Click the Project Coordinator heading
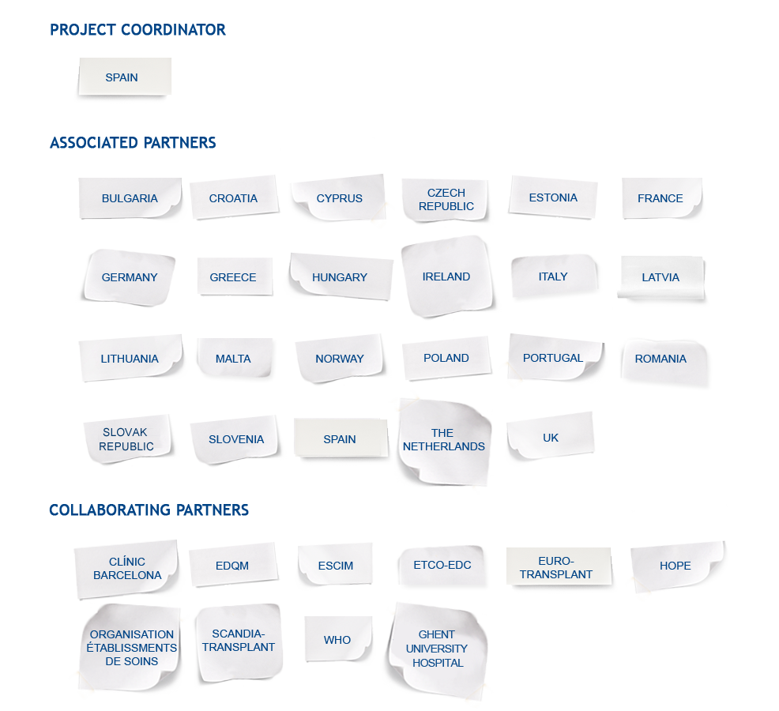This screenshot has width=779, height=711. click(137, 30)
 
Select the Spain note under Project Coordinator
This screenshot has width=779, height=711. click(125, 77)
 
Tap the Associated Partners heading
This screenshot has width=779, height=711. click(133, 143)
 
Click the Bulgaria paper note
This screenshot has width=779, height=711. click(130, 197)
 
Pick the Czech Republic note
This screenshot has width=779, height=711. click(446, 199)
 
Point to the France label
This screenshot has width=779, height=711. click(662, 197)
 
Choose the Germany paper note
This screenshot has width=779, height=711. click(129, 276)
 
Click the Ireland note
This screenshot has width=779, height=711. click(446, 276)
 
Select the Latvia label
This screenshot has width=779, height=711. click(660, 277)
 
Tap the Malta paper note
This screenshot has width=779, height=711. click(234, 358)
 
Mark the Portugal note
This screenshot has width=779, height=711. click(555, 357)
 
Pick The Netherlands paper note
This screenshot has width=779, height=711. click(444, 441)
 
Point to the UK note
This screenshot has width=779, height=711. click(550, 436)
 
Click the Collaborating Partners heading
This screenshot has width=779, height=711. click(149, 510)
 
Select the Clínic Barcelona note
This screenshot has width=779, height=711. click(126, 568)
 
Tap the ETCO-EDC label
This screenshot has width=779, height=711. click(442, 565)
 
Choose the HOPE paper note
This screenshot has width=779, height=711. click(676, 566)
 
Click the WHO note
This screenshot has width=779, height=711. click(338, 639)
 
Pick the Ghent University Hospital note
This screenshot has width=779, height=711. click(437, 649)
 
